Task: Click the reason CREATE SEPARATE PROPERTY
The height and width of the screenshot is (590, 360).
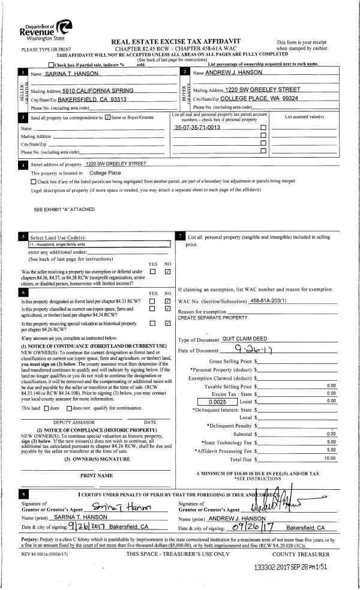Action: (x=213, y=317)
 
